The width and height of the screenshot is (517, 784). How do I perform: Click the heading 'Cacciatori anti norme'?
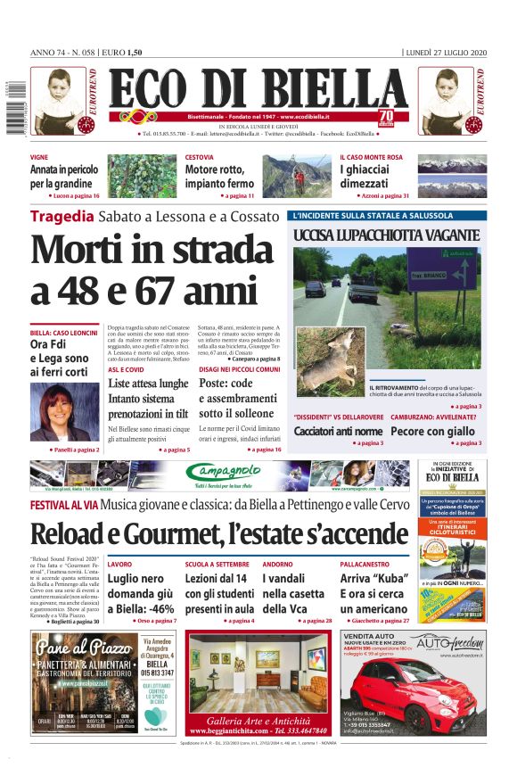[x=338, y=431]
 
